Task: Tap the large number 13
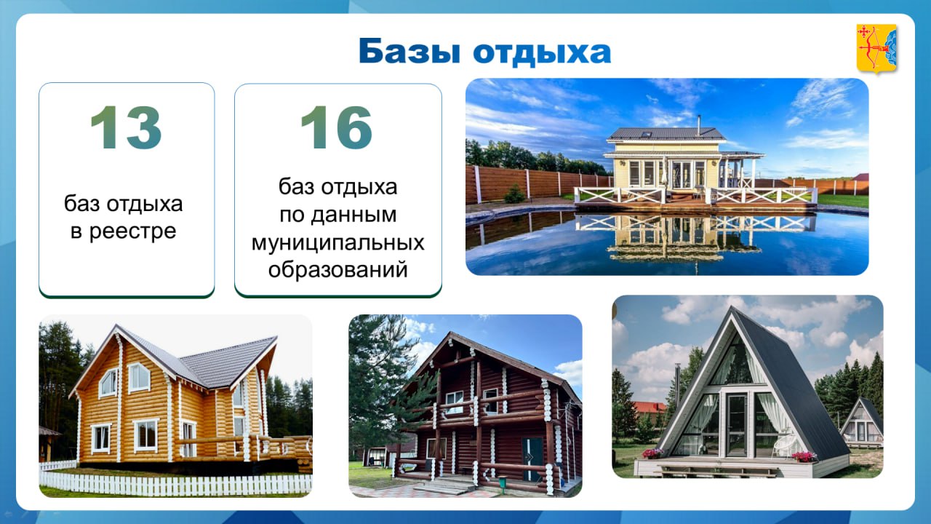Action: (x=126, y=127)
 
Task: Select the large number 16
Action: (x=336, y=127)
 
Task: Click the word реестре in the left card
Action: (x=133, y=231)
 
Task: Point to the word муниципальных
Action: (x=338, y=243)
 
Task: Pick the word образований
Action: (x=338, y=270)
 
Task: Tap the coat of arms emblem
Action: (x=876, y=49)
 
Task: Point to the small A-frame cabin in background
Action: (x=862, y=423)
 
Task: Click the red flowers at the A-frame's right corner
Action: (x=804, y=457)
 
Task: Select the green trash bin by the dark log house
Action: (x=503, y=483)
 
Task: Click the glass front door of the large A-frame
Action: (x=737, y=424)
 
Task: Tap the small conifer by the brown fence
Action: (x=514, y=194)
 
